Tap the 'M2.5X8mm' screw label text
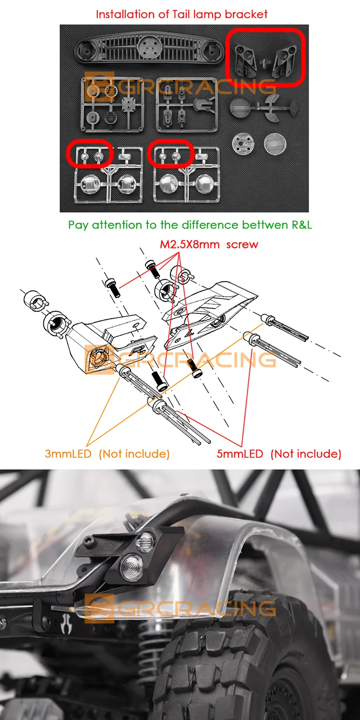coord(190,244)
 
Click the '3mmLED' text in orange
coord(68,454)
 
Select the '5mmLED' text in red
coord(240,454)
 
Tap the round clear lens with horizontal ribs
coord(275,144)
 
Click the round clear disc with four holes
coord(243,144)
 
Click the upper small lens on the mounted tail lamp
coord(145,541)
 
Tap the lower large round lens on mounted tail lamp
coord(132,566)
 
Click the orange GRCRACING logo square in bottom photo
coord(99,609)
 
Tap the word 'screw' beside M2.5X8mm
coord(242,245)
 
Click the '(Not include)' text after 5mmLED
coord(306,454)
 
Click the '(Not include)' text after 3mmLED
coord(134,454)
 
